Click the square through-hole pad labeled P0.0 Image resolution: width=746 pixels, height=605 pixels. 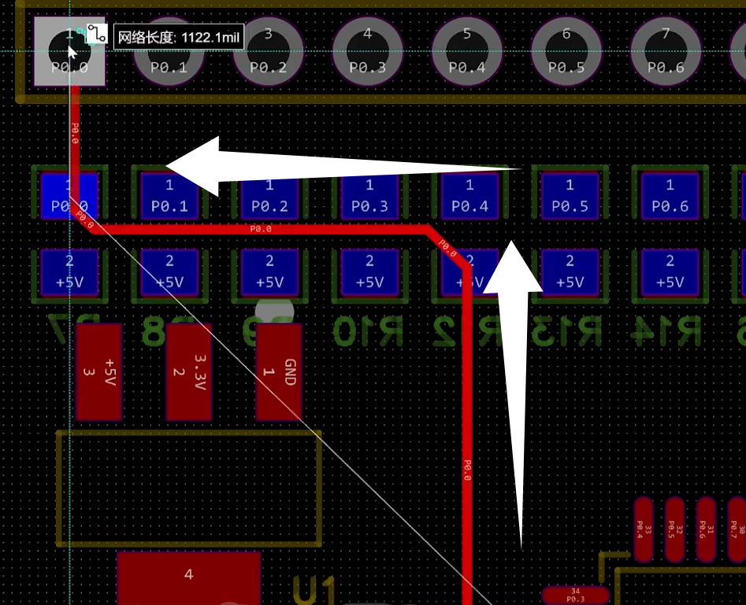click(x=69, y=51)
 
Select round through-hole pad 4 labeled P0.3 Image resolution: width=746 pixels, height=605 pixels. click(x=367, y=51)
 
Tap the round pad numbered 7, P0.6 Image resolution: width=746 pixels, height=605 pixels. click(x=666, y=51)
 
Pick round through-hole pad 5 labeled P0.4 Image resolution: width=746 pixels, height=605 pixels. click(x=466, y=51)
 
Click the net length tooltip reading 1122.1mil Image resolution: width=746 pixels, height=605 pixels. click(x=180, y=37)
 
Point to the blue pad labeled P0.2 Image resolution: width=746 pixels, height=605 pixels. click(x=269, y=196)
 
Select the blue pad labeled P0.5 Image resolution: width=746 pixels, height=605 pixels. click(x=570, y=196)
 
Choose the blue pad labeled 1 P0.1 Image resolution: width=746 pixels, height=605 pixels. click(x=169, y=196)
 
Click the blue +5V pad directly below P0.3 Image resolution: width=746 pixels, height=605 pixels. click(x=369, y=272)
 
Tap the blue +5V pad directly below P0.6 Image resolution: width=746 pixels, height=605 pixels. click(x=670, y=272)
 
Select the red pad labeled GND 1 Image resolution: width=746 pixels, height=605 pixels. click(x=279, y=372)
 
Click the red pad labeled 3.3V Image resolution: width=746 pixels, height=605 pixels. click(x=189, y=372)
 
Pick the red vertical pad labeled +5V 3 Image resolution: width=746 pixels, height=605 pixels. click(x=98, y=372)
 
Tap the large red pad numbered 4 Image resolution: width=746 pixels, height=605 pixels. click(x=188, y=577)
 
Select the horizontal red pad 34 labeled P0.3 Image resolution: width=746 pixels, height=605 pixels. click(x=575, y=595)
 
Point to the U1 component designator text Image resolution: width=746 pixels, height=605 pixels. click(x=314, y=590)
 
